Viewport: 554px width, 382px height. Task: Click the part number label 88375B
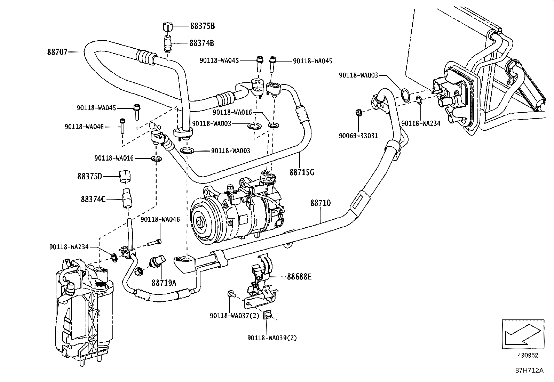(x=202, y=26)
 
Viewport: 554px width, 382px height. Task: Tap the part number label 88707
(x=57, y=52)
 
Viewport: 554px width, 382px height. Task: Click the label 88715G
(x=301, y=172)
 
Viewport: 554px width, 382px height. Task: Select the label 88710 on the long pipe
(x=320, y=203)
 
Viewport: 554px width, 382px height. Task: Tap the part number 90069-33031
(x=358, y=136)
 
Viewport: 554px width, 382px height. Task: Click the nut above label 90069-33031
(x=358, y=113)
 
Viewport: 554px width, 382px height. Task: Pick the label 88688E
(x=299, y=277)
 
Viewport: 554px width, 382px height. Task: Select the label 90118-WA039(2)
(x=272, y=338)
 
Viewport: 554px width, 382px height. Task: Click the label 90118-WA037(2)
(x=235, y=316)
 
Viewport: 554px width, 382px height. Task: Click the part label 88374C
(x=93, y=200)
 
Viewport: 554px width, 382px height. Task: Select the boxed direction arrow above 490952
(x=523, y=334)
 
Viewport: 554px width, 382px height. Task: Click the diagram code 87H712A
(x=529, y=371)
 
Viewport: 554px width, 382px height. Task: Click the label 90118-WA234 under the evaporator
(x=421, y=123)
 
